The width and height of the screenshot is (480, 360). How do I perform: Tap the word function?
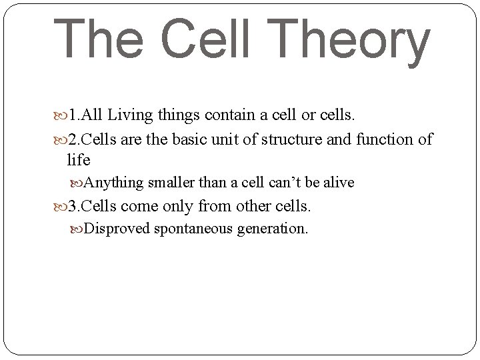pyautogui.click(x=381, y=139)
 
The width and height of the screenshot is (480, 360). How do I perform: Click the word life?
pyautogui.click(x=79, y=160)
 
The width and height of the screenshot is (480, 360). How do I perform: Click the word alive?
pyautogui.click(x=339, y=182)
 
